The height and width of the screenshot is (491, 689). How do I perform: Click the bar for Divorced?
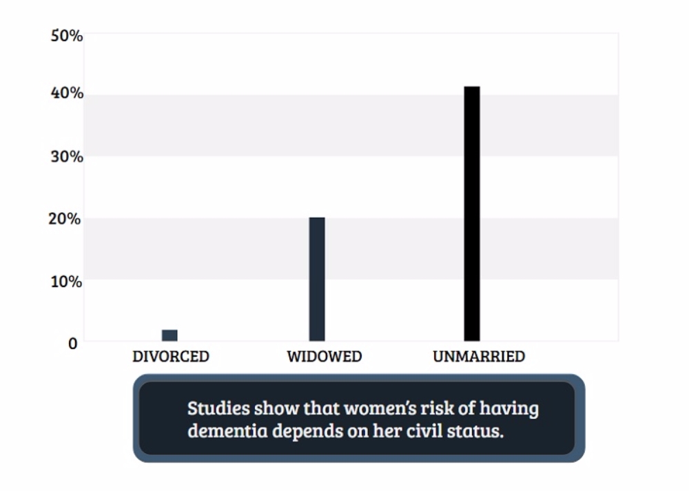coord(169,335)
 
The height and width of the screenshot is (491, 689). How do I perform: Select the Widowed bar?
coord(317,279)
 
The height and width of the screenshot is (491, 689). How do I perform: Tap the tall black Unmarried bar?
coord(472,213)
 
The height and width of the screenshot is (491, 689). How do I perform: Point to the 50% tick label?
coord(67,36)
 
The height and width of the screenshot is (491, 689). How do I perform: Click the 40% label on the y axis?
coord(67,93)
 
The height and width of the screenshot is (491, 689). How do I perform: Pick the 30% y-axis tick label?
coord(67,156)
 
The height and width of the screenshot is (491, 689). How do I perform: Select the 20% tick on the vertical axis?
coord(65,219)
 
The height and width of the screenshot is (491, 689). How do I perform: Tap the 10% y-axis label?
coord(66,282)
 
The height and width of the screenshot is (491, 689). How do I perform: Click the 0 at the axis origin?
coord(72,344)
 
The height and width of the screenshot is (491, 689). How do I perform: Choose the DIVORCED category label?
coord(171,356)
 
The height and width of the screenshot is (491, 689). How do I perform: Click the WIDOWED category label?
coord(325,356)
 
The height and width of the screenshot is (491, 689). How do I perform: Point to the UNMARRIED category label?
coord(479,356)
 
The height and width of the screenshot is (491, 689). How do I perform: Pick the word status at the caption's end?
coord(475,431)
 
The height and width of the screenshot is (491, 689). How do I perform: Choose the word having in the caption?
coord(509,409)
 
